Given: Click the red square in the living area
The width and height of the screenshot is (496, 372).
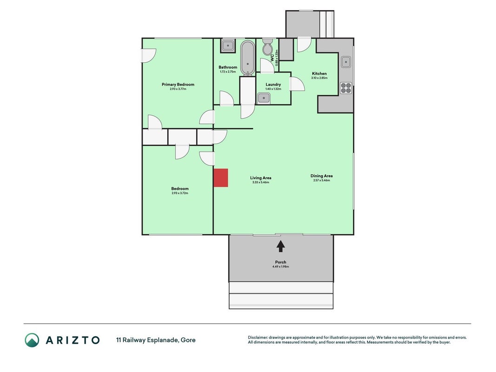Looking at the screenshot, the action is coord(221,178).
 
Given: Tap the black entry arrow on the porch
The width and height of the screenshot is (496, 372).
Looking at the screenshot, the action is coord(281,246).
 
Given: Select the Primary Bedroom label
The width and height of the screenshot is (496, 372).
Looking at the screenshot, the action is coord(178,85).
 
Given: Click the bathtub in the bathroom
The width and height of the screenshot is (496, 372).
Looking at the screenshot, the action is coord(247,59).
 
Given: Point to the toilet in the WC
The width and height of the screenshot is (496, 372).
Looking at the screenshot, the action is coord(267,46).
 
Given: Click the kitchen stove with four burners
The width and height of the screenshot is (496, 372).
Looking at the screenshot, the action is coord(346,88).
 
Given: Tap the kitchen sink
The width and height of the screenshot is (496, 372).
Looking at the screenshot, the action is coord(346,62).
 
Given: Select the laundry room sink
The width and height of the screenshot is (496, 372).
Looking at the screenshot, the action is coord(264,98).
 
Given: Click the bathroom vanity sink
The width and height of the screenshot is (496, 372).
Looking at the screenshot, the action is coord(227,46).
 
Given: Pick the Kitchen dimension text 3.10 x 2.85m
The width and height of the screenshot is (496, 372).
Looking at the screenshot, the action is coord(319,78).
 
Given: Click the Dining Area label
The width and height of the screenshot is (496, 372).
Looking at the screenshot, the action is coord(321,176).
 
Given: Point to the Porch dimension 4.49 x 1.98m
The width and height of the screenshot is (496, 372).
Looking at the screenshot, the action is coord(281,266).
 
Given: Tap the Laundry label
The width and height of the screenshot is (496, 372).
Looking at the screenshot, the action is coord(273,85).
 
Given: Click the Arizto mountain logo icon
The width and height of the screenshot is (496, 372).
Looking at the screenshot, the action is coord(32,340).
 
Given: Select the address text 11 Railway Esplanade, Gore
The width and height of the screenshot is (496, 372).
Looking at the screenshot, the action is coord(156,340).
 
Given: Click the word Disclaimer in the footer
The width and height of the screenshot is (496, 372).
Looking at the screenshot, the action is coord(258,338).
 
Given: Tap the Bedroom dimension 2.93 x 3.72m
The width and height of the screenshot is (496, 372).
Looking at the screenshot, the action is coord(180,193).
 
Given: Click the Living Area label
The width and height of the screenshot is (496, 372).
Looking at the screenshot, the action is coord(261,178).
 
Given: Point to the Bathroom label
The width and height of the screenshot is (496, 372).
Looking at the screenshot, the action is coord(228,67).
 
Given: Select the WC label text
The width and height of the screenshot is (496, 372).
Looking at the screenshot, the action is coord(272,57).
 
